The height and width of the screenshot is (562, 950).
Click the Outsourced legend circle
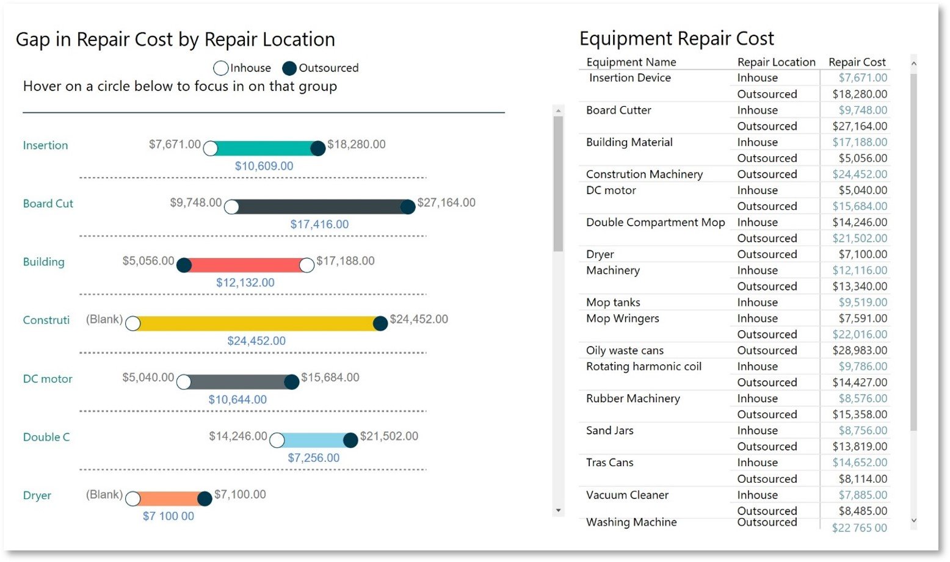[289, 68]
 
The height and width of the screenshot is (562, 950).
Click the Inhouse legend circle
[220, 68]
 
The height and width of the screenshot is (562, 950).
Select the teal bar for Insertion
[264, 148]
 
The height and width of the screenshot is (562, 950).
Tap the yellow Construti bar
[256, 323]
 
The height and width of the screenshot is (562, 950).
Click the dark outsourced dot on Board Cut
[407, 207]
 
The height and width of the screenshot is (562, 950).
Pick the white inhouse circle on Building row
[306, 265]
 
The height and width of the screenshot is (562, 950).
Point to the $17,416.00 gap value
[319, 225]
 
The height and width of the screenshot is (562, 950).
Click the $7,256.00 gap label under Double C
[313, 458]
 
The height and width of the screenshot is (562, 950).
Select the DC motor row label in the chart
[48, 379]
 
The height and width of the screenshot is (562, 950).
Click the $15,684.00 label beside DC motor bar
[330, 378]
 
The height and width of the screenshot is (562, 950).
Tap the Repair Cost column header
[857, 62]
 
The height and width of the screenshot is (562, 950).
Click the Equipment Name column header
[631, 62]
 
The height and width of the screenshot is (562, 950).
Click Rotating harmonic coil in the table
[644, 367]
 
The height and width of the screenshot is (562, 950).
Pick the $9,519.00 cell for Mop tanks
[863, 303]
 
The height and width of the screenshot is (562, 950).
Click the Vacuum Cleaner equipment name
[627, 495]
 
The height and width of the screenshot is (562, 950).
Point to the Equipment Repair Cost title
[676, 38]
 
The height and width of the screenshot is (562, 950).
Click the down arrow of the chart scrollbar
[558, 511]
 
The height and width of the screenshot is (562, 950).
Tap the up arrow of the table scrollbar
[913, 63]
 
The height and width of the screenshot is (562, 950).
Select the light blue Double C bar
[313, 440]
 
